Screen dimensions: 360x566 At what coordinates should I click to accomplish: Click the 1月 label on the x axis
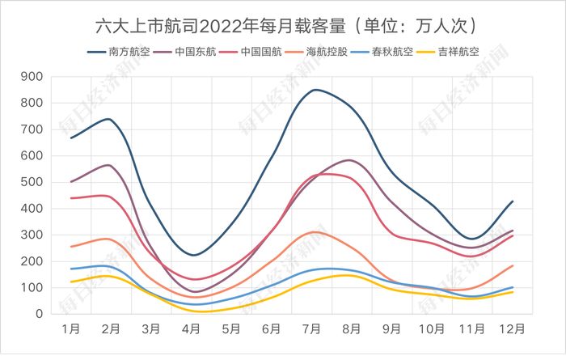(x=71, y=329)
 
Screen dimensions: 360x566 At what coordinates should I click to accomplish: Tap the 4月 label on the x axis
(x=192, y=329)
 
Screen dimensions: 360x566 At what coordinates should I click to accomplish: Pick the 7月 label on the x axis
(x=312, y=329)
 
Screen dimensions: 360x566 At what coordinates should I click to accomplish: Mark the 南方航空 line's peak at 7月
(x=315, y=90)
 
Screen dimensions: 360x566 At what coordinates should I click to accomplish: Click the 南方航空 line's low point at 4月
(x=192, y=255)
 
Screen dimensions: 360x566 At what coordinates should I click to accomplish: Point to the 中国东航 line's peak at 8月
(x=349, y=159)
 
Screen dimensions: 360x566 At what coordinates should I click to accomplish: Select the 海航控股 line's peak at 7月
(x=315, y=232)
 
